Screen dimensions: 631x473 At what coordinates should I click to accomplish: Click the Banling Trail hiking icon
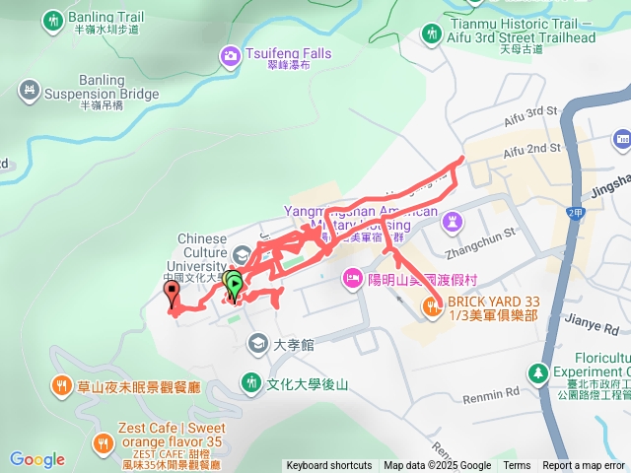pos(52,19)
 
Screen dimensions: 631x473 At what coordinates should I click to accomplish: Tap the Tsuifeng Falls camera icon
pos(230,56)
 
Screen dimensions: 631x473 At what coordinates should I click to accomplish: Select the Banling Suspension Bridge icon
pos(30,92)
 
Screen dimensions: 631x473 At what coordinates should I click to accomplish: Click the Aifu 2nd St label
pos(531,151)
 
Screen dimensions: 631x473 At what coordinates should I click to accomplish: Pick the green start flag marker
pos(234,285)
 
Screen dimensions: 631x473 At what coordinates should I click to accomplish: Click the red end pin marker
pos(173,292)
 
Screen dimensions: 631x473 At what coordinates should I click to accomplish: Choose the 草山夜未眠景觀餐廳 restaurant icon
pos(62,385)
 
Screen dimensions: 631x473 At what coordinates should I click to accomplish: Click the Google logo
pos(37,459)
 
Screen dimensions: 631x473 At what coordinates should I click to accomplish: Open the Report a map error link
pos(584,466)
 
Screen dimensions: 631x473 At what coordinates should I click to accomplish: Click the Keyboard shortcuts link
pos(328,466)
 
